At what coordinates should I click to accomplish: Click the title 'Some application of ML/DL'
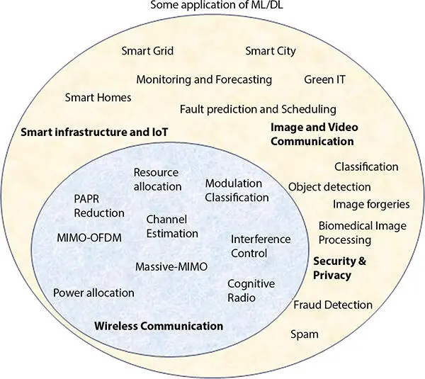pos(212,7)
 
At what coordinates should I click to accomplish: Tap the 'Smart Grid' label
pos(147,51)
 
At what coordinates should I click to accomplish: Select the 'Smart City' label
pos(271,51)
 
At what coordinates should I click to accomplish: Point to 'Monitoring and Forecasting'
pos(204,79)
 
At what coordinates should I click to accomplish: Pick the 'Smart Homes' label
pos(98,97)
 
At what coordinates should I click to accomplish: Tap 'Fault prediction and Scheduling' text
pos(258,109)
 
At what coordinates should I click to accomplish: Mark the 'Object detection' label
pos(329,187)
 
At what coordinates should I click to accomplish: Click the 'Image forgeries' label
pos(371,204)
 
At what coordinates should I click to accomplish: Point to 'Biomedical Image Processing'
pos(362,232)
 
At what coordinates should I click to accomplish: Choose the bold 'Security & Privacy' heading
pos(340,268)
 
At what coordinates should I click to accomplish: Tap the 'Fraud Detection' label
pos(333,305)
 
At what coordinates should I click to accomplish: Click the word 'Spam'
pos(305,334)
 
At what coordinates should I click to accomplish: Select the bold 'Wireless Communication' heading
pos(159,326)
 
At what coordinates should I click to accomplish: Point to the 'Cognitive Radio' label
pos(251,290)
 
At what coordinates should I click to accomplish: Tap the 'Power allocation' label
pos(93,293)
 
